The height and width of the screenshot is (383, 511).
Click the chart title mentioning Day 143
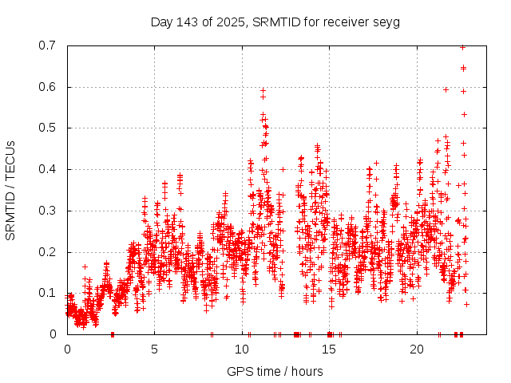tap(275, 22)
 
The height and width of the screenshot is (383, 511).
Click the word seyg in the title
tap(386, 22)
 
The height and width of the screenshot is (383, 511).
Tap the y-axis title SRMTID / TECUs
tap(10, 191)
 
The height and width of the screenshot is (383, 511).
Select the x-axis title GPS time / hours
tap(275, 371)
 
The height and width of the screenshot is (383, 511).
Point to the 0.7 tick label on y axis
tap(46, 45)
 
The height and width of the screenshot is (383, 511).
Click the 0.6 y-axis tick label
tap(46, 87)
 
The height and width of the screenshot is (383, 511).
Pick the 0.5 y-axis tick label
tap(46, 128)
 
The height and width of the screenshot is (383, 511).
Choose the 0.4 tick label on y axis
tap(46, 169)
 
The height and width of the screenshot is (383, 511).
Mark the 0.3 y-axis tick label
tap(46, 211)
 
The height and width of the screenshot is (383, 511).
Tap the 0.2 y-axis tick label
tap(46, 252)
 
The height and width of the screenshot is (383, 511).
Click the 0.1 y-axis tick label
tap(46, 293)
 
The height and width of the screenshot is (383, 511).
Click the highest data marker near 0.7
tap(462, 47)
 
